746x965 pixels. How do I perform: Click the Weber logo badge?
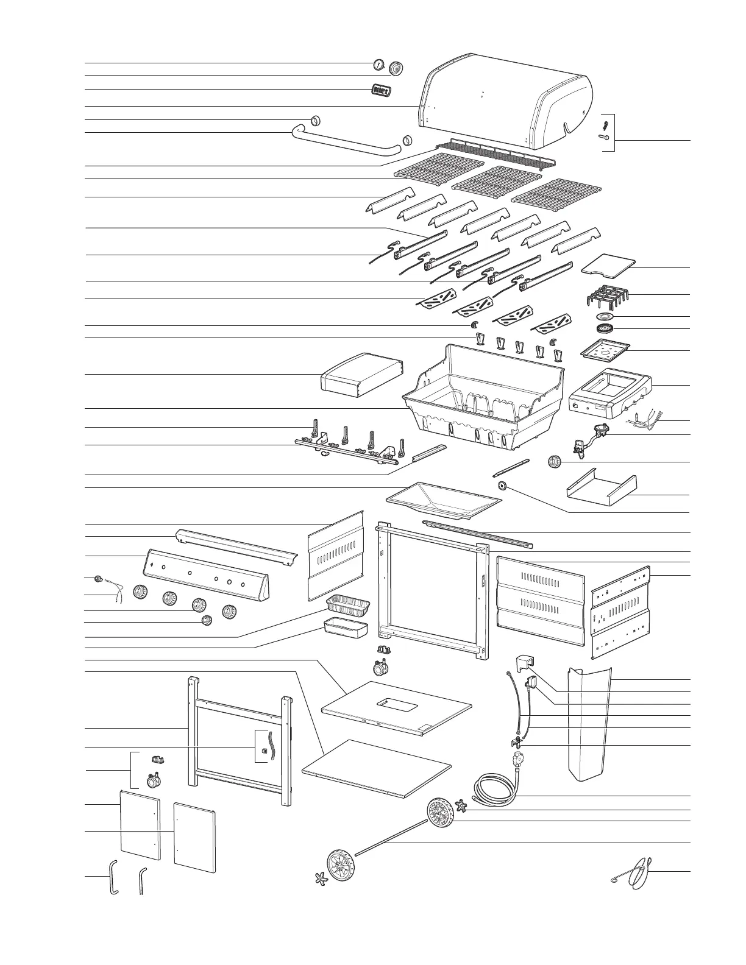tap(381, 90)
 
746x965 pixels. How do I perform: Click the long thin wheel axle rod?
tap(391, 838)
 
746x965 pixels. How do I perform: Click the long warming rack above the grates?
tap(496, 153)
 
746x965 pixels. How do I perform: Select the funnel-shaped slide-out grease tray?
tap(443, 500)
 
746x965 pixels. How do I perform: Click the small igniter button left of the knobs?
tap(97, 578)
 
